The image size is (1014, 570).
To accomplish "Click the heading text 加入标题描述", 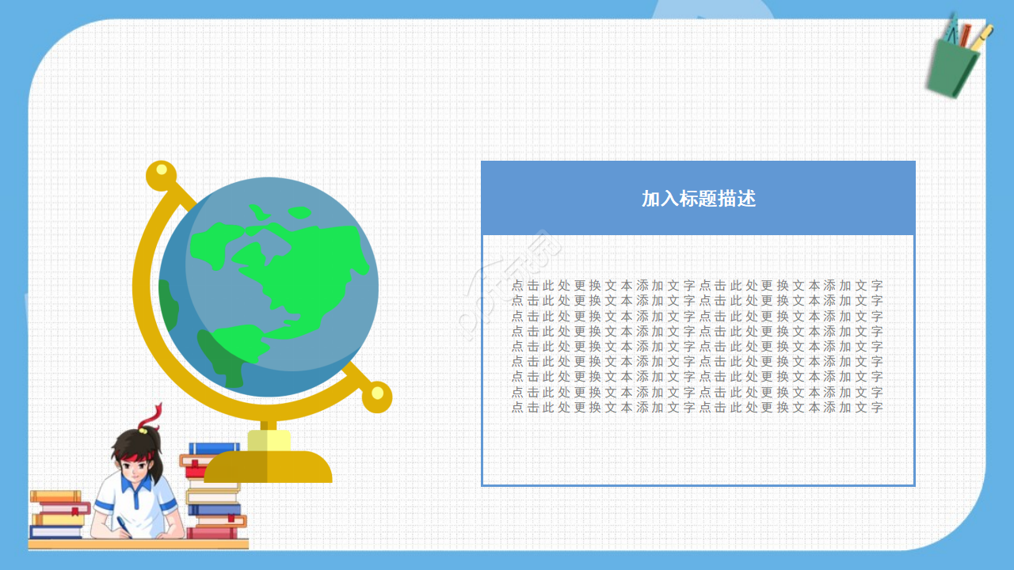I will pos(698,199).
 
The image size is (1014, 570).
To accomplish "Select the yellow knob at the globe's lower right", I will pos(377,396).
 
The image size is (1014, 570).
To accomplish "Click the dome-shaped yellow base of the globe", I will pos(268,467).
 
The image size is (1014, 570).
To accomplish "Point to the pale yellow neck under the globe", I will pos(269,440).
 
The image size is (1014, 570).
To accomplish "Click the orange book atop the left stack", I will pos(55,496).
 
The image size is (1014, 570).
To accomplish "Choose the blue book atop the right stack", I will pos(214,448).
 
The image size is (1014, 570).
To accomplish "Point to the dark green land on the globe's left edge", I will pos(168,305).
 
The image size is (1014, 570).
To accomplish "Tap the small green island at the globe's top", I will pos(299,212).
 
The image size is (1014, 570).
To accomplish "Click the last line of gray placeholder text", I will pos(697,408).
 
